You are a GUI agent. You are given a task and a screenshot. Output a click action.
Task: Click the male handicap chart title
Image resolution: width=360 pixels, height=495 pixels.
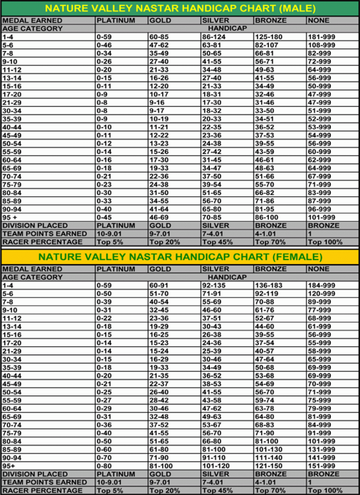(x=180, y=8)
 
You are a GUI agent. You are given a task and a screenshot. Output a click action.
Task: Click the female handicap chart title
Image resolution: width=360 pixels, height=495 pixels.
(x=180, y=257)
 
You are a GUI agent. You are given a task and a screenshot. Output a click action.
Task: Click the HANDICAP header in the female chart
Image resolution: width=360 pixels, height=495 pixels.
(x=227, y=277)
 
